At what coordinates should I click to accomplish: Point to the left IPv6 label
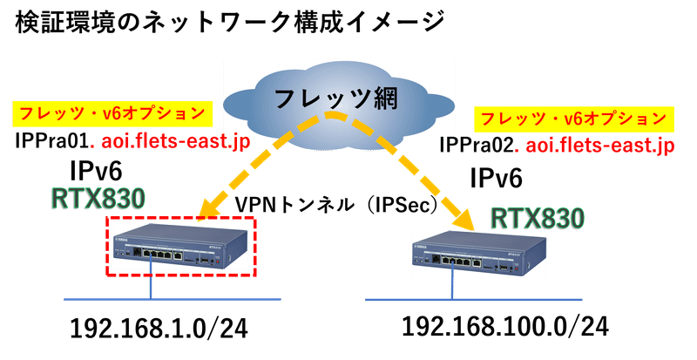click(95, 168)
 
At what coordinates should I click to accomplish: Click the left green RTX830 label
click(95, 198)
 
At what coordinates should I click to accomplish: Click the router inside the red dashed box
click(182, 247)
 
